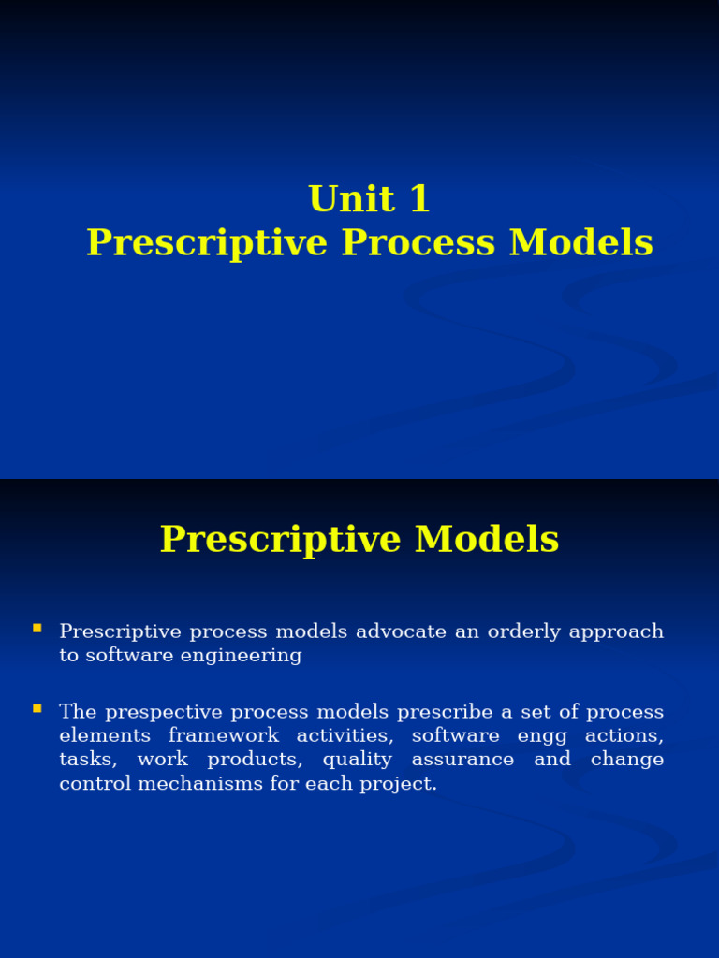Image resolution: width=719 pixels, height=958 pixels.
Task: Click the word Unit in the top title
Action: tap(338, 199)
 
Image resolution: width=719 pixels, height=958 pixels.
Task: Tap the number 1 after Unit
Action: tap(418, 199)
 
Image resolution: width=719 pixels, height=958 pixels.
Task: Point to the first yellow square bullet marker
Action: tap(37, 628)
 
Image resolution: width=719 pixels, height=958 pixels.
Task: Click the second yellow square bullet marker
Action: tap(37, 708)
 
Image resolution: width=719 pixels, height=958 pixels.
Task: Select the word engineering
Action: tap(242, 656)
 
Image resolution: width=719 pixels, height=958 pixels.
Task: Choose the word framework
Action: tap(224, 736)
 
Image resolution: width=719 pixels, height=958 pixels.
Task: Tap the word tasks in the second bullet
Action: tap(88, 760)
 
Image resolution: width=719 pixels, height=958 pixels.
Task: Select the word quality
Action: tap(357, 760)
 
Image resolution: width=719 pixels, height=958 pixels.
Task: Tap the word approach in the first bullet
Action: tap(615, 631)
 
